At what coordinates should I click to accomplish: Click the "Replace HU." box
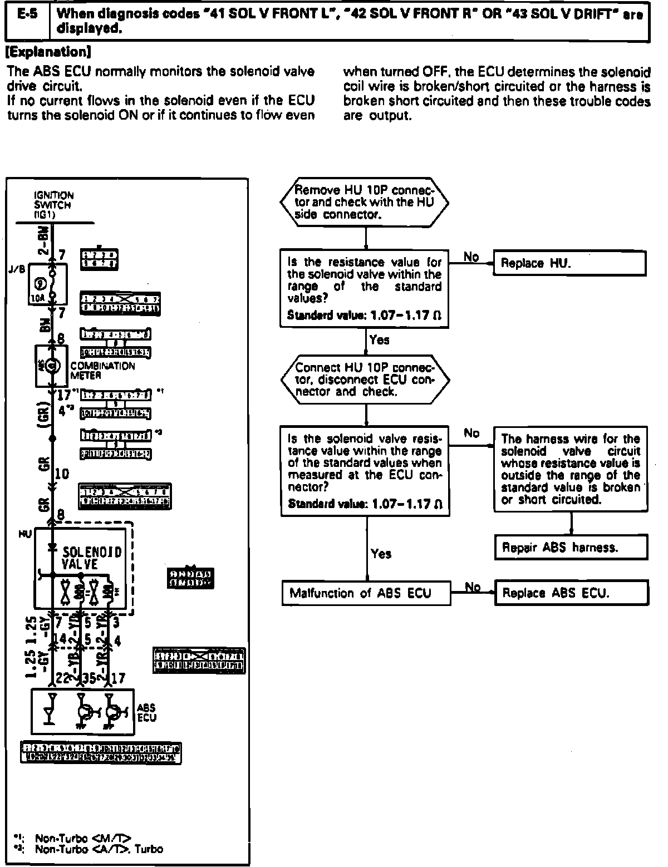pos(569,264)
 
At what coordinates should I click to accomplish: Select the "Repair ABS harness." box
pos(571,547)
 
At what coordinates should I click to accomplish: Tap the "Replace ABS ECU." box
pos(571,593)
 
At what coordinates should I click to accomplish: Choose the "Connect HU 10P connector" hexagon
pos(365,380)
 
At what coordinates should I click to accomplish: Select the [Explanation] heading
pos(47,53)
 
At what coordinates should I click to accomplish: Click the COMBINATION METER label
pos(102,371)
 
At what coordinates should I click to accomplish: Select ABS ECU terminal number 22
pos(59,678)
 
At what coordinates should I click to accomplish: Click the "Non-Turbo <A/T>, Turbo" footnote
pos(99,849)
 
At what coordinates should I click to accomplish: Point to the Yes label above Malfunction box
pos(381,554)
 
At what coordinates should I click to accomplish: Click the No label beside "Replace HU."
pos(471,257)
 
